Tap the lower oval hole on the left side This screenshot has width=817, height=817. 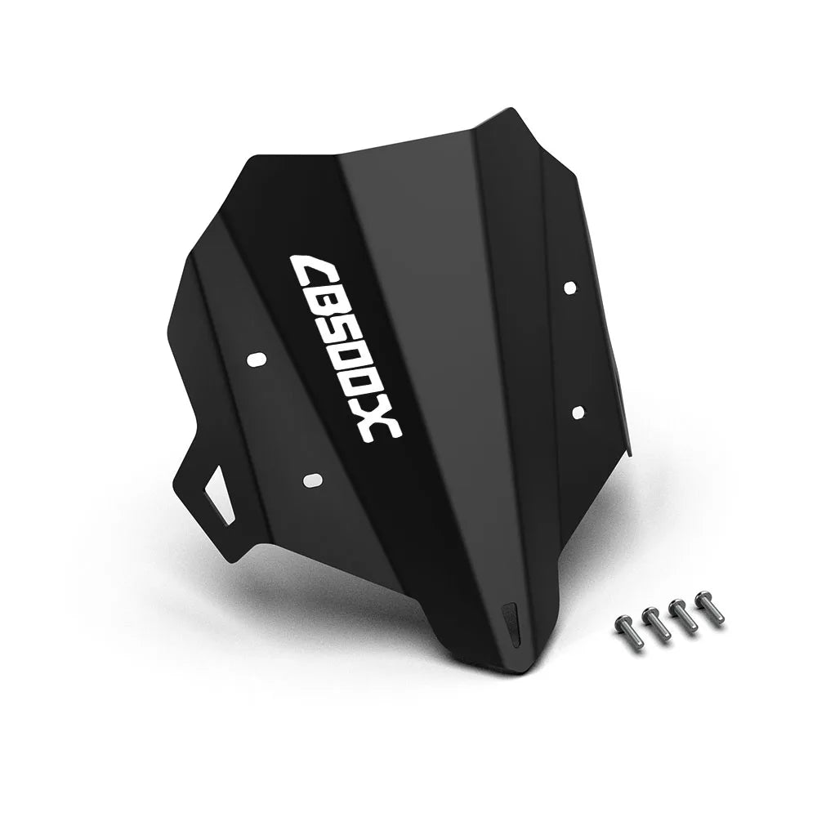pos(313,480)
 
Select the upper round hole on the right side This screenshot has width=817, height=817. pos(570,288)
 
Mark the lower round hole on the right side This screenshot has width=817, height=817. pos(578,412)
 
